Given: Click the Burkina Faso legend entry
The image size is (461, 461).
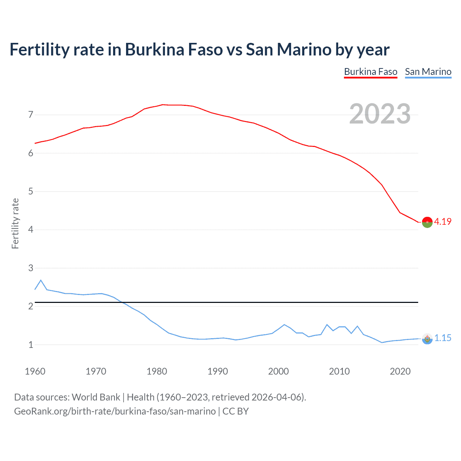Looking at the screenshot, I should (x=371, y=72).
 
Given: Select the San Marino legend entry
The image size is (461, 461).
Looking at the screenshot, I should (x=428, y=72).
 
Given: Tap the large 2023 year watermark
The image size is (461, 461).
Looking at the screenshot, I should (x=380, y=114).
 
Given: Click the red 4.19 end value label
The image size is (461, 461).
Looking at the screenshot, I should (x=443, y=221).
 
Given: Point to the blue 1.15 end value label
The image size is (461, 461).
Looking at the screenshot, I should (x=443, y=338).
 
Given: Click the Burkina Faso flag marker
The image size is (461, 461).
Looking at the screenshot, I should (x=427, y=223).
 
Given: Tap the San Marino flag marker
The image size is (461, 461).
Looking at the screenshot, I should (x=427, y=339).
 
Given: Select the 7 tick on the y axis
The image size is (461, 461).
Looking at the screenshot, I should (x=31, y=115).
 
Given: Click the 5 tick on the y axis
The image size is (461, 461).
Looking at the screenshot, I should (x=31, y=191).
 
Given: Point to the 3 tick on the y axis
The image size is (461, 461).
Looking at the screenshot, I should (x=31, y=268).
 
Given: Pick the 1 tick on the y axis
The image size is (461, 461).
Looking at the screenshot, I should (x=31, y=345).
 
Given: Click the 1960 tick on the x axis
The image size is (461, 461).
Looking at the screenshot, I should (x=35, y=371).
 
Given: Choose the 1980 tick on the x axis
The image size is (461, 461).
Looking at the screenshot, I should (x=157, y=371).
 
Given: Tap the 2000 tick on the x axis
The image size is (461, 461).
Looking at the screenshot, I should (x=278, y=371).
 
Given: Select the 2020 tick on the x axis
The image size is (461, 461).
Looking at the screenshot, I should (x=400, y=371).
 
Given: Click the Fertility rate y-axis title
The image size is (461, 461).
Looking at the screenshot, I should (x=15, y=223).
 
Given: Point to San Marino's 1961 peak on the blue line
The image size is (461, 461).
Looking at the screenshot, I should (x=41, y=280).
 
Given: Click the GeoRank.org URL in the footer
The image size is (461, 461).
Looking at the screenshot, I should (x=115, y=411).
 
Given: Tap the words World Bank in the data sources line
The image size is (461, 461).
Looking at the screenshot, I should (x=96, y=397).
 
